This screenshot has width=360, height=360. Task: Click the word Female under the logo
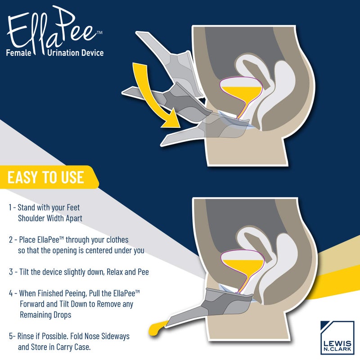click(18, 53)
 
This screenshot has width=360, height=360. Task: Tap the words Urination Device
click(75, 53)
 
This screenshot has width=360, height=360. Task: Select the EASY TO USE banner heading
click(46, 177)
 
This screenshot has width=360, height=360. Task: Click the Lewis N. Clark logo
click(337, 337)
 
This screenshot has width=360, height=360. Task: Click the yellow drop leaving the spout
click(157, 328)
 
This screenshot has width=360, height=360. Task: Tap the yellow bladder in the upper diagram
click(242, 96)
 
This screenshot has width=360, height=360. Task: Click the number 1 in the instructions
click(10, 207)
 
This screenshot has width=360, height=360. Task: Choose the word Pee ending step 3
click(143, 272)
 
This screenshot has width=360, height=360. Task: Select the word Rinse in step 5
click(26, 336)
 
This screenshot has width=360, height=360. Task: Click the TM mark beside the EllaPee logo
click(99, 32)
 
